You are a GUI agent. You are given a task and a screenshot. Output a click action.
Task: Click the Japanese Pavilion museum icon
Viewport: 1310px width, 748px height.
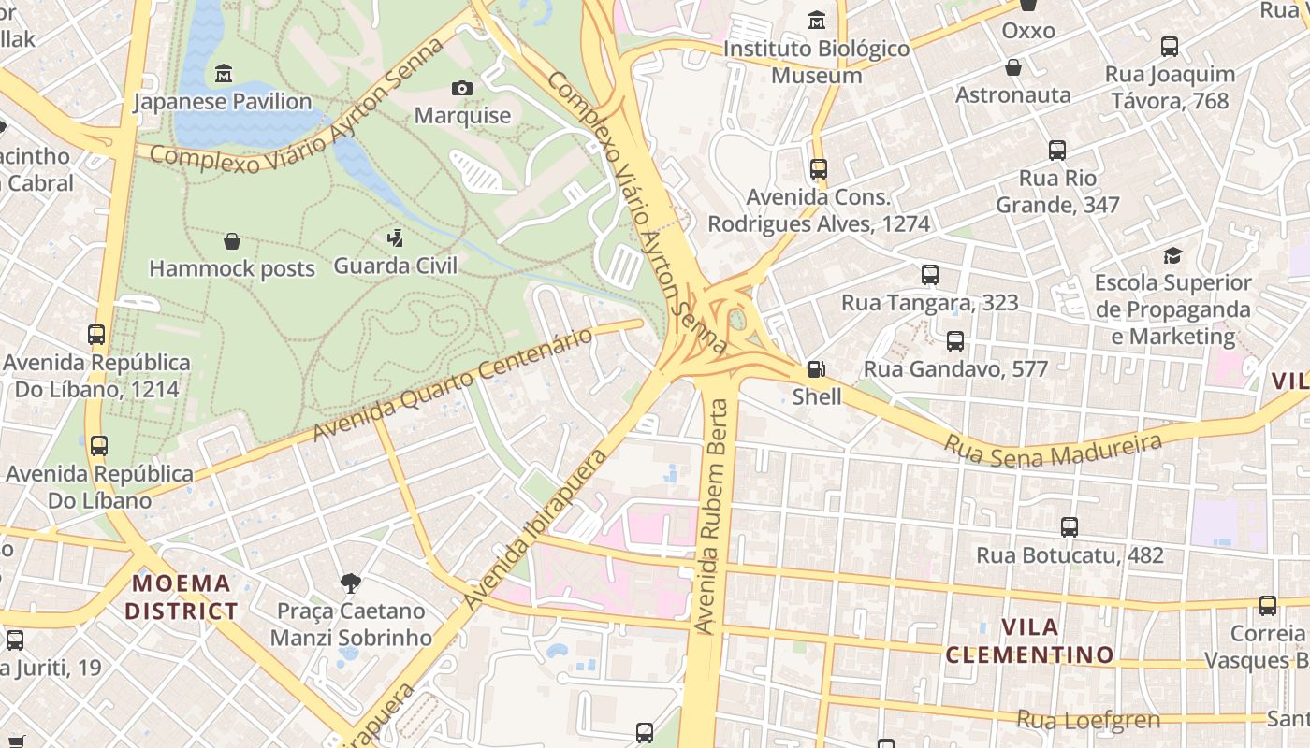[224, 73]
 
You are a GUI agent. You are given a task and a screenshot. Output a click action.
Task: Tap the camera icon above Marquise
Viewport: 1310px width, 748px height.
[462, 88]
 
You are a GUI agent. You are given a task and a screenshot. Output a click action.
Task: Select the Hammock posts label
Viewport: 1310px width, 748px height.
[232, 268]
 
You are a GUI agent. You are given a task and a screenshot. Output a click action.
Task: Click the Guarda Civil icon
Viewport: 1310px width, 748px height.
[396, 237]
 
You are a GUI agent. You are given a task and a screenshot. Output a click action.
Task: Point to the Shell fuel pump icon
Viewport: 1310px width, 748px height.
[817, 368]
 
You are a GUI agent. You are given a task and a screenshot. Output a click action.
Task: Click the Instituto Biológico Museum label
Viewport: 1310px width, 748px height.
[817, 62]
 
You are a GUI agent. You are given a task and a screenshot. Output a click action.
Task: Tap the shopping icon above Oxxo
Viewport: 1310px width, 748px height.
[1028, 5]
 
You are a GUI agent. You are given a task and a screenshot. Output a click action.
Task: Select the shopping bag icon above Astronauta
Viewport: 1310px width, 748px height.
[1012, 67]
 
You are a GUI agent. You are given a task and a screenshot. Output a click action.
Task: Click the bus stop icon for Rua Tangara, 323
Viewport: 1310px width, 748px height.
[929, 275]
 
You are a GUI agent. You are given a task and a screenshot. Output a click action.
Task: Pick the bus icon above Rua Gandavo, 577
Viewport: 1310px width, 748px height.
[954, 341]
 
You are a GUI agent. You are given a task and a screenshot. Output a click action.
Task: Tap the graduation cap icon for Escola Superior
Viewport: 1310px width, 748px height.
[1172, 255]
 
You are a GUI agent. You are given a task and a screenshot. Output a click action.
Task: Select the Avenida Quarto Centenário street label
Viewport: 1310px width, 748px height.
[453, 384]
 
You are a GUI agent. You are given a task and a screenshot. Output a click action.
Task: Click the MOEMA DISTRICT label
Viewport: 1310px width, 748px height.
[182, 597]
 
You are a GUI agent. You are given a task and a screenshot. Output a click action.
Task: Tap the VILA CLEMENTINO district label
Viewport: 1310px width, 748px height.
[1029, 640]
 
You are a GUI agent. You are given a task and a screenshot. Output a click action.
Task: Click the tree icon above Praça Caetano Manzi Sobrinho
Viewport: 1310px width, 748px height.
[351, 583]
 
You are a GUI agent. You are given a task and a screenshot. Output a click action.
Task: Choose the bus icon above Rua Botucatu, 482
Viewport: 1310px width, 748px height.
[1070, 527]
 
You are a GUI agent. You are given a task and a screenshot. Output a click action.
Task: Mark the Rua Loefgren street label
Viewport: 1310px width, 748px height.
[1087, 720]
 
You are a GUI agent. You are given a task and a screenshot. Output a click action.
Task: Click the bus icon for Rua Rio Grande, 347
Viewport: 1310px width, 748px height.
[1057, 150]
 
